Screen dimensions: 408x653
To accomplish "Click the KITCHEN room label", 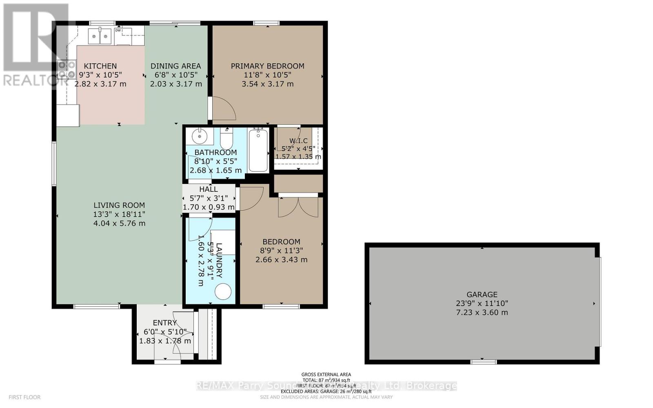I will (100, 66).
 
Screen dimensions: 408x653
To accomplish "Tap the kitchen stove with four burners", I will (67, 69).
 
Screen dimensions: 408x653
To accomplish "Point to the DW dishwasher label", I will (118, 31).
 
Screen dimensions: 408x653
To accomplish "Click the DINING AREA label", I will (175, 66).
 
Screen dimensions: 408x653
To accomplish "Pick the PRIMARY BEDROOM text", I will (267, 66).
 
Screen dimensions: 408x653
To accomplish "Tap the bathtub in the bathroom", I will (258, 150).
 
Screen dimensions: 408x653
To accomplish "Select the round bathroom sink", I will (200, 136).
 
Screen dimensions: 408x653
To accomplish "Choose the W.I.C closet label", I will (298, 141).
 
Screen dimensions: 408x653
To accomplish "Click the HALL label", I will (208, 189).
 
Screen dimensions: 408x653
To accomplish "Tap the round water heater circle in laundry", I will (223, 292).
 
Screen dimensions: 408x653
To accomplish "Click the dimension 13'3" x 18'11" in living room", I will (119, 214).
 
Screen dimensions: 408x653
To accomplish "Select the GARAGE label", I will (482, 295).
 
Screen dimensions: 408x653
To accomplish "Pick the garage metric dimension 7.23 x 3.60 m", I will (482, 313).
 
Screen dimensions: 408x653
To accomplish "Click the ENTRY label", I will (165, 323).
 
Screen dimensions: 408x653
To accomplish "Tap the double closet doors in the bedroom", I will (298, 207).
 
